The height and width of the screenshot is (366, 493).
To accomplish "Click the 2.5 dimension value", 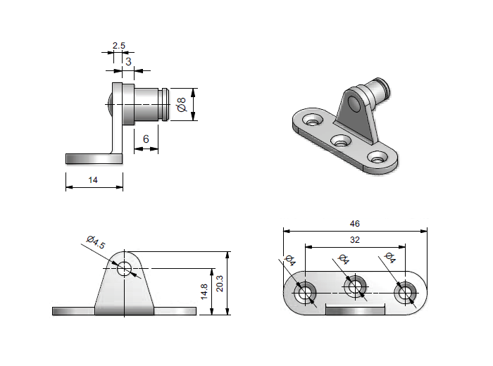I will (x=118, y=46).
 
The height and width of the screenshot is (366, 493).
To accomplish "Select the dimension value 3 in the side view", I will (x=128, y=61).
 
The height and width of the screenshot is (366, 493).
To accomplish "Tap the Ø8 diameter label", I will (x=182, y=105).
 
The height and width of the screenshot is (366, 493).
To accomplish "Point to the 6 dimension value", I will (x=146, y=139).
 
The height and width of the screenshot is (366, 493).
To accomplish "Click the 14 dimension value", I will (x=93, y=180).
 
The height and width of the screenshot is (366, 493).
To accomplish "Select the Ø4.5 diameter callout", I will (x=96, y=243).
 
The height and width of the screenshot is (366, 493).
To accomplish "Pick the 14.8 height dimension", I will (x=205, y=291).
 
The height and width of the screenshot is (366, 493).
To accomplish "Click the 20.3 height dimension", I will (x=220, y=283).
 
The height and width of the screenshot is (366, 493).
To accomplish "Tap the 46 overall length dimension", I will (x=354, y=224).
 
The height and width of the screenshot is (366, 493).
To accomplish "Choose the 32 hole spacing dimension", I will (x=354, y=240).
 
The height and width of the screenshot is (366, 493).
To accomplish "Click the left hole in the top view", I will (x=306, y=293).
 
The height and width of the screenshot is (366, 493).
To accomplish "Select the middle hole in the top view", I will (x=354, y=286).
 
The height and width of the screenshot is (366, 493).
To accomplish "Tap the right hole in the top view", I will (x=404, y=293).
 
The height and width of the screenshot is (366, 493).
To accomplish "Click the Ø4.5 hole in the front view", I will (x=125, y=268).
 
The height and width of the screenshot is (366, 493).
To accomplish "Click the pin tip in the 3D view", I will (x=385, y=89).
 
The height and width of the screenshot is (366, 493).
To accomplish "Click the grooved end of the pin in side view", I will (x=166, y=105).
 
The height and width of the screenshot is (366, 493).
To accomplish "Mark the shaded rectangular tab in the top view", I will (x=355, y=310).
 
